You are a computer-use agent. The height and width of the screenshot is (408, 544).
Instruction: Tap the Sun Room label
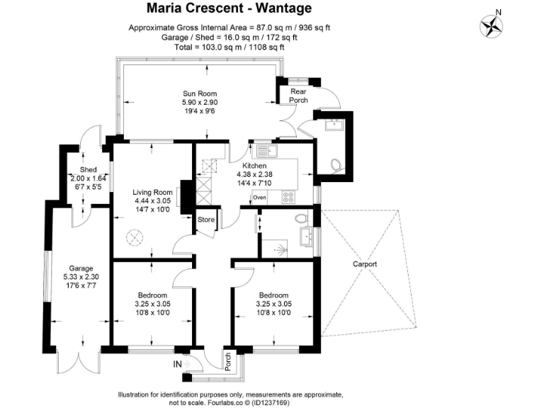tap(199, 93)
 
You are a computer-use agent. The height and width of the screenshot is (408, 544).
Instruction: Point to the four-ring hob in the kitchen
tap(289, 197)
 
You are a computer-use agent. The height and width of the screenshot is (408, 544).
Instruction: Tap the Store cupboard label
tap(206, 220)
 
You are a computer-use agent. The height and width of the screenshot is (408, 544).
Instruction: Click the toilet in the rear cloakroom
tap(336, 165)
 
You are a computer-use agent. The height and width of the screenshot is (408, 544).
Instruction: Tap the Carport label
tap(365, 264)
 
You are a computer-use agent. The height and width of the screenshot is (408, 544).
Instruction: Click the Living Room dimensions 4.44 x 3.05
tap(153, 200)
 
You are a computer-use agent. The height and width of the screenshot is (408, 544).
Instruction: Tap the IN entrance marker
tap(179, 365)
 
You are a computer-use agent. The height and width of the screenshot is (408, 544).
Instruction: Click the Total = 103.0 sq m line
tap(229, 47)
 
